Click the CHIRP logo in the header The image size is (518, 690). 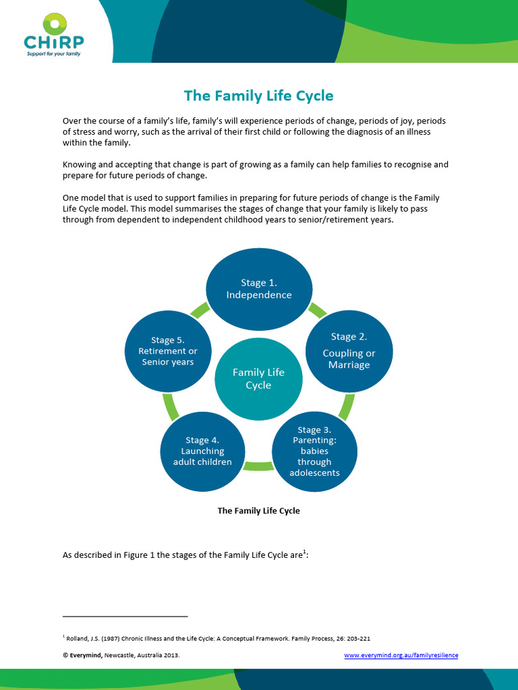54,35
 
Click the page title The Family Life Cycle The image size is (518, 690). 258,96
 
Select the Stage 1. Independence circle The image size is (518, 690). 259,289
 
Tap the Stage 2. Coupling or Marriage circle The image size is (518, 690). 349,351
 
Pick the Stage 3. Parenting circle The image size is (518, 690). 314,451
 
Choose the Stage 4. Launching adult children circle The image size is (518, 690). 202,451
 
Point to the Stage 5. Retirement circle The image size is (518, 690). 168,351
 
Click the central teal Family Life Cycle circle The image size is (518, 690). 258,379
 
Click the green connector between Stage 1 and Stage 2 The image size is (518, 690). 317,310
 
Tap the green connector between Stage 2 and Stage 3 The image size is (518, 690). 347,407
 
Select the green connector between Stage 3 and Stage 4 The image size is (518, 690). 258,466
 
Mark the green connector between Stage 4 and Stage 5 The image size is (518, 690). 171,406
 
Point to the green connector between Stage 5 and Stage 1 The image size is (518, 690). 200,310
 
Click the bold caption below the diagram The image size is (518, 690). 258,511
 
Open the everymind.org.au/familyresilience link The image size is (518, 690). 401,655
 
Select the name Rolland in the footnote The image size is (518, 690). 76,639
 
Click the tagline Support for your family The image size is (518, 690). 54,54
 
